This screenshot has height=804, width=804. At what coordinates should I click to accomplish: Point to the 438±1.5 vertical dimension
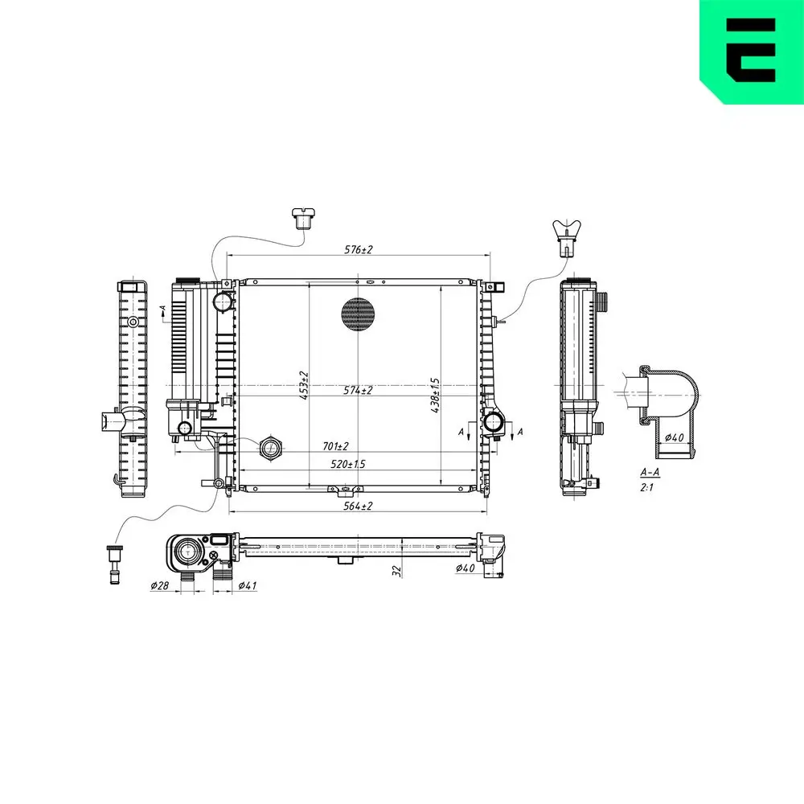click(x=436, y=394)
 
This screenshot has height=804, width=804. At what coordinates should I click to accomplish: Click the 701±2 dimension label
click(x=334, y=445)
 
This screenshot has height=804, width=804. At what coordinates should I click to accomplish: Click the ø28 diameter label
click(x=159, y=586)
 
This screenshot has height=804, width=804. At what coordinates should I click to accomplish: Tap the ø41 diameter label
click(x=248, y=586)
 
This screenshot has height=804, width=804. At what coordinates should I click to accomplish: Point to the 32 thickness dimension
click(x=396, y=569)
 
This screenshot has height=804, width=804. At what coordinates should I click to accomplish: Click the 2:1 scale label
click(x=646, y=487)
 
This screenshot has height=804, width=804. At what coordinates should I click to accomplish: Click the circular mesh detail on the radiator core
click(x=358, y=314)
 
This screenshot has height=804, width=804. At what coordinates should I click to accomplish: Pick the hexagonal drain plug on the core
click(x=270, y=448)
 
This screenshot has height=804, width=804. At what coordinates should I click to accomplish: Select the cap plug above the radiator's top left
click(x=303, y=218)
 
